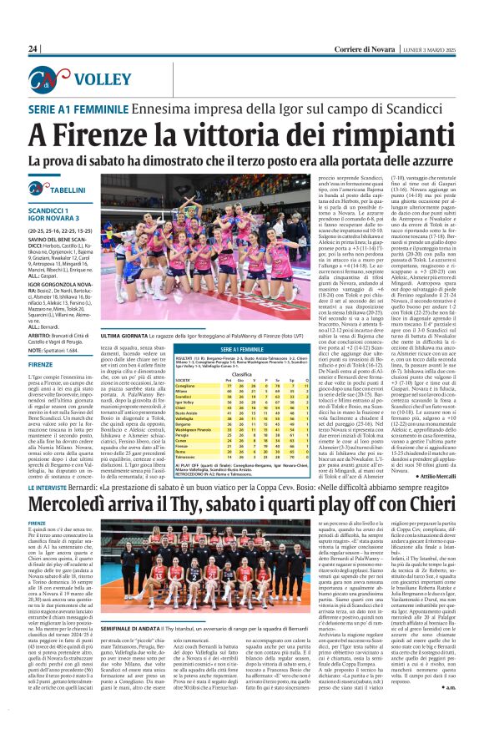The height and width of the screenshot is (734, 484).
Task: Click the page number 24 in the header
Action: [x=33, y=48]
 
